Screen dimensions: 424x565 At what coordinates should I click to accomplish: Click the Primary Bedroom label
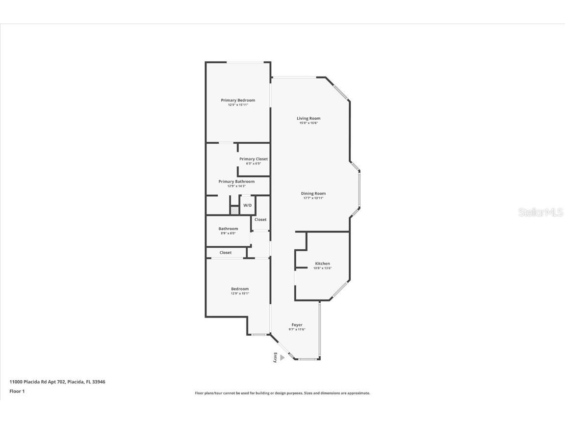coord(238,100)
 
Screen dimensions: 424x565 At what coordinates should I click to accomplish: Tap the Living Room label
coord(308,118)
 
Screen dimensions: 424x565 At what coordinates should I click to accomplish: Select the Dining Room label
coord(313,193)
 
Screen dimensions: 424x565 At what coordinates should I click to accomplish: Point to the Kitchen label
coord(322,264)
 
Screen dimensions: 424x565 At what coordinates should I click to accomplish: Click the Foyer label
coord(297,325)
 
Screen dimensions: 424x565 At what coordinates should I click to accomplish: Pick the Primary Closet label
coord(254,159)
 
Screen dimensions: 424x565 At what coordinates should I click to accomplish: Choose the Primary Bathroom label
coord(236,182)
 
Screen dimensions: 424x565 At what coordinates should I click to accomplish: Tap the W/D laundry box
coord(248,205)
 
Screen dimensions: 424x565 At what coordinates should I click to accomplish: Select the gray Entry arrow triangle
coord(282,358)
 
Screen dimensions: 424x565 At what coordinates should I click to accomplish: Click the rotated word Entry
coord(276,358)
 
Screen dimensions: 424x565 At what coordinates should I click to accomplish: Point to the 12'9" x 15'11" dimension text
coord(238,105)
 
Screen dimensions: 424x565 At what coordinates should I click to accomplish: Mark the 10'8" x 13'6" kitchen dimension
coord(322,268)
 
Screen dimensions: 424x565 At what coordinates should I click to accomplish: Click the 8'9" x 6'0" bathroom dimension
coord(228,234)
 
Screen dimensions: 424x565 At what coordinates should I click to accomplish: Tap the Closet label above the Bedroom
coord(226,253)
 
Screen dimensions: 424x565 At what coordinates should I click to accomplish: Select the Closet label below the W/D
coord(260,220)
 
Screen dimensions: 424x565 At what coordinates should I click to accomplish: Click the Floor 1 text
coord(17,391)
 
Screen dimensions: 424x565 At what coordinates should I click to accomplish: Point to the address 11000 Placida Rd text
coord(57,381)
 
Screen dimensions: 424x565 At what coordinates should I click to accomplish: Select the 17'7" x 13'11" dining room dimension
coord(313,198)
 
